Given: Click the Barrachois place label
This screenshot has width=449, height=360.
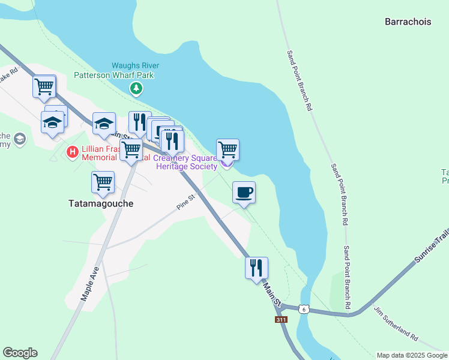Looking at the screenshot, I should point(408,22).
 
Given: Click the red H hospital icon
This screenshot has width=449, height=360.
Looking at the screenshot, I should point(73,152).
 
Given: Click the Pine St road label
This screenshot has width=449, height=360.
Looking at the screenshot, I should point(187,202).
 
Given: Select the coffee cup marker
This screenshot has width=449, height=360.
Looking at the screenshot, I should point(244,193).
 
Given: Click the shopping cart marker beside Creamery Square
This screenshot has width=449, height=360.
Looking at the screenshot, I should point(228,149).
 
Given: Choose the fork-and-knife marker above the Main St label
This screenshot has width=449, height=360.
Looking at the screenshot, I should point(256,267).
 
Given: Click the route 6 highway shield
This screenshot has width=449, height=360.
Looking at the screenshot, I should point(304,308).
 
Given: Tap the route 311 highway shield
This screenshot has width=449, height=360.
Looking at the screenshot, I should point(281,320).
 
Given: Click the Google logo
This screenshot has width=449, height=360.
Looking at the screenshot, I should point(20,353).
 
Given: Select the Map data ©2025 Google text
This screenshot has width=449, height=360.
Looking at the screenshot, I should point(412,355).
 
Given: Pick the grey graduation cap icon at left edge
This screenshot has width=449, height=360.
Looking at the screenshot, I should point(20,139).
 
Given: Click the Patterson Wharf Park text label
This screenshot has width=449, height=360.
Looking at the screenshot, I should point(114,75).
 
